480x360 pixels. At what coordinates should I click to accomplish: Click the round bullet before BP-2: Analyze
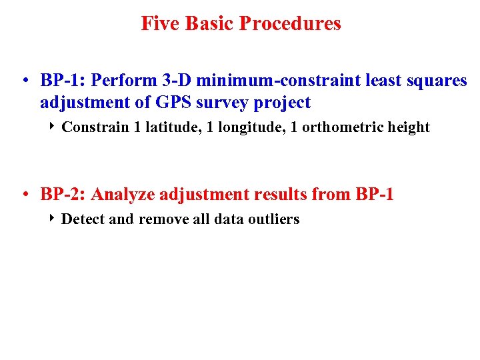(24, 195)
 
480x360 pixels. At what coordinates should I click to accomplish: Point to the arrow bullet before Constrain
(53, 127)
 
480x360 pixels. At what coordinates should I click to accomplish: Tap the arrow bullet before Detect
(53, 219)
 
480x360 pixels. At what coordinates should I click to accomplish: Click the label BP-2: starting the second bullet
(63, 195)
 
